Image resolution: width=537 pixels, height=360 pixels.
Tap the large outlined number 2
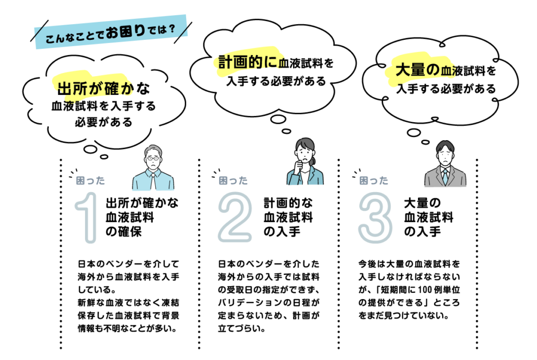235,217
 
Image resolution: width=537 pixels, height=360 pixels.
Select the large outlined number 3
375,217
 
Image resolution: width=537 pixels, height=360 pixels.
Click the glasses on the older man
153,158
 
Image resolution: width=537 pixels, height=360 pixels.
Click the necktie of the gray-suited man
445,176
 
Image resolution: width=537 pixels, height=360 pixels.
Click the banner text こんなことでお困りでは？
110,34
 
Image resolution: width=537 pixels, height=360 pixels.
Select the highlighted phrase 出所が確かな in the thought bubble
103,89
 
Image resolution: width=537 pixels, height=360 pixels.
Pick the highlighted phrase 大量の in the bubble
417,70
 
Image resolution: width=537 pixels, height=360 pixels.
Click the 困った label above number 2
233,181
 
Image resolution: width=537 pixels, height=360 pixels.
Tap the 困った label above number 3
373,181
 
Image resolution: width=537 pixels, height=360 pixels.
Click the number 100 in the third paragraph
425,290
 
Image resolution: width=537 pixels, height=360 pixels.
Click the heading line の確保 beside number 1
124,232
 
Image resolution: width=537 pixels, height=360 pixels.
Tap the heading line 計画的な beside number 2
288,203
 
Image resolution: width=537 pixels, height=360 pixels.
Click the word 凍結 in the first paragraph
170,303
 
